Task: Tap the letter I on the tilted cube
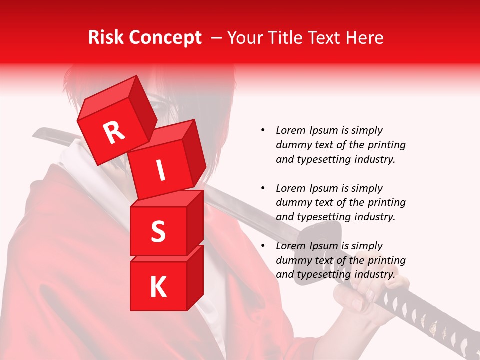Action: [x=160, y=171]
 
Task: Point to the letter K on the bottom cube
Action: [x=158, y=287]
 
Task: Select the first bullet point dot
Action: [x=262, y=130]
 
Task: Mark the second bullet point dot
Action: [x=262, y=188]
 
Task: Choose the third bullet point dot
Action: [x=262, y=246]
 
